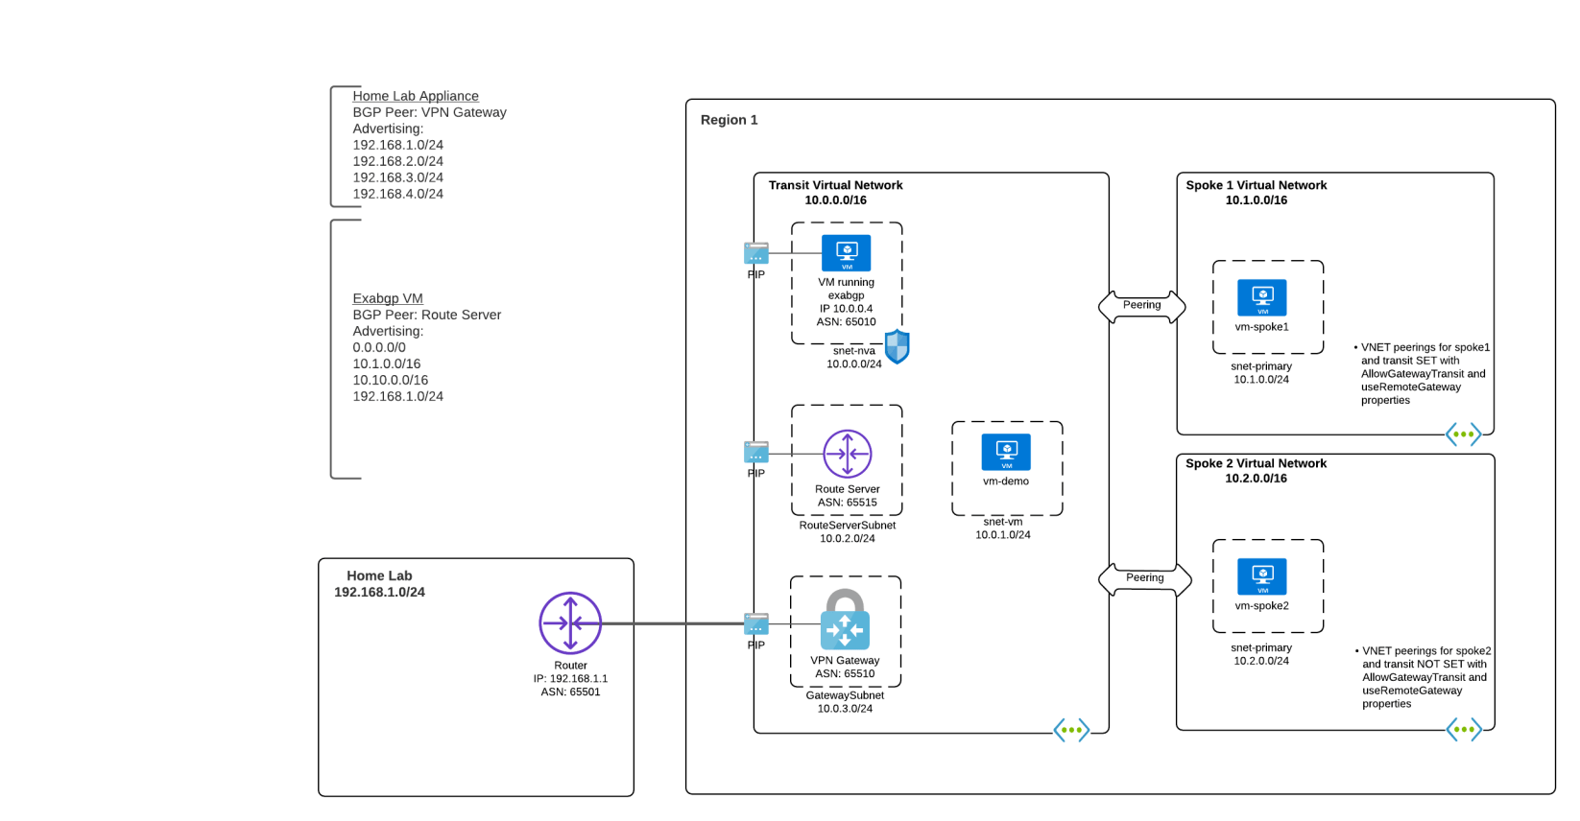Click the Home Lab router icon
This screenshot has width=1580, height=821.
(570, 623)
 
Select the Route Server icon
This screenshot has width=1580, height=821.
(847, 454)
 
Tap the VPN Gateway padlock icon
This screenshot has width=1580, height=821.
(845, 621)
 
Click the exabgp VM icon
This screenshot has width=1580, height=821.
(846, 253)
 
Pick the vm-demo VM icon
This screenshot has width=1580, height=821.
(1006, 452)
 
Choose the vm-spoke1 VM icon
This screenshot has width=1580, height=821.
(1262, 297)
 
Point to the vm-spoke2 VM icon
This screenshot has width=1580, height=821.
(1262, 576)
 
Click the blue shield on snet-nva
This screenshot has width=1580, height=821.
(897, 346)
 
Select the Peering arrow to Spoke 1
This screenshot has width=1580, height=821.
(1141, 306)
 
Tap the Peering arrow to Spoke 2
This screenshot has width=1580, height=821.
(1144, 578)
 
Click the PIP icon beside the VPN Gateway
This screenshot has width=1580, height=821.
(756, 624)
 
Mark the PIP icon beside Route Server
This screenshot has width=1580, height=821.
(756, 452)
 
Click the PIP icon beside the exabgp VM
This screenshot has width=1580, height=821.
(756, 253)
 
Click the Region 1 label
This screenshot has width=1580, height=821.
(729, 120)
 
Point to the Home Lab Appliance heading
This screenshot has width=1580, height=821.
(415, 96)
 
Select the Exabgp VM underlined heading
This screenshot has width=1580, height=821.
(387, 298)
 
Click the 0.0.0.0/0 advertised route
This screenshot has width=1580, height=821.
(379, 347)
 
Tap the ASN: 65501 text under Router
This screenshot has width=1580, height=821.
(570, 692)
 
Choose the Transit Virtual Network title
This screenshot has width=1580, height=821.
(835, 185)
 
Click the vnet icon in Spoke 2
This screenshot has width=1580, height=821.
(1463, 730)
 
